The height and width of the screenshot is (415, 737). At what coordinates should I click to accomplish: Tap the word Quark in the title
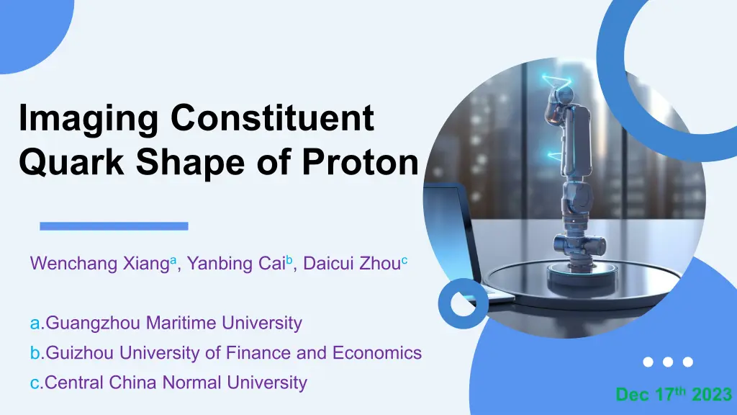click(71, 162)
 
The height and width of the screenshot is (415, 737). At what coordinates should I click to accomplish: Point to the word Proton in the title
click(360, 162)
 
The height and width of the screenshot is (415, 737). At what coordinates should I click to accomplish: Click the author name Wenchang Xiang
click(99, 264)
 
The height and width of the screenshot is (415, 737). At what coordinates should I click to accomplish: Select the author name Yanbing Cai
click(236, 264)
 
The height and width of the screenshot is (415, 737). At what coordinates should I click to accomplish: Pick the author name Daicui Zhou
click(351, 264)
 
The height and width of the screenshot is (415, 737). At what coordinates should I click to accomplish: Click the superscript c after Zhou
click(404, 259)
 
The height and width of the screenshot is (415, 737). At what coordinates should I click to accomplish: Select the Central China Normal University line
click(168, 383)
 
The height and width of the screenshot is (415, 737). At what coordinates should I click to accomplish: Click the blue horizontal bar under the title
click(114, 226)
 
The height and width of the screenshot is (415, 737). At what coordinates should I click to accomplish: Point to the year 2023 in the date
click(712, 394)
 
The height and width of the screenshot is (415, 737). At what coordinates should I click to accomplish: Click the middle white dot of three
click(668, 362)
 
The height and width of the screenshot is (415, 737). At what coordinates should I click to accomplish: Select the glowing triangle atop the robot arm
click(556, 81)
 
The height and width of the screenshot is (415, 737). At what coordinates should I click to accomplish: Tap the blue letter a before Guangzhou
click(35, 323)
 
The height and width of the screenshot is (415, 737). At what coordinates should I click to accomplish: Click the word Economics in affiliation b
click(377, 352)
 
